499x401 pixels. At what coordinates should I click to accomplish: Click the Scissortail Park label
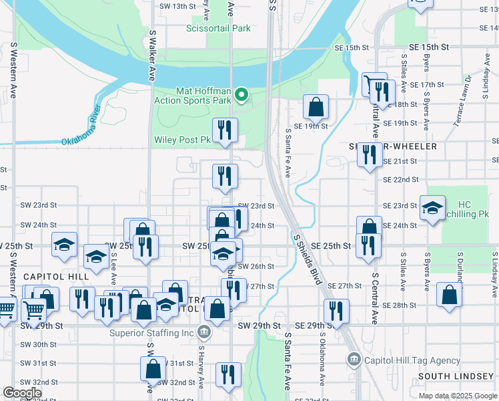point(218,29)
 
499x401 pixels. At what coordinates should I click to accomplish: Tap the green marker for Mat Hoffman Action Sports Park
point(242,96)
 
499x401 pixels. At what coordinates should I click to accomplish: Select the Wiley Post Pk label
point(182,140)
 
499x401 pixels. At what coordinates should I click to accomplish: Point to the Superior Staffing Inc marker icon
point(205,331)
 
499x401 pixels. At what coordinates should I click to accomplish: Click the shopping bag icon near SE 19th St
point(316,107)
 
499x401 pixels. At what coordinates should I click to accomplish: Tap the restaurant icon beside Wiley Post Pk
point(225,129)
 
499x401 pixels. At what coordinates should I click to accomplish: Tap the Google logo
point(22,393)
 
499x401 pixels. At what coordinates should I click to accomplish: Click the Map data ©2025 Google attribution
point(458,396)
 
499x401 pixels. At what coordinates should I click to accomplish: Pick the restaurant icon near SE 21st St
point(368,155)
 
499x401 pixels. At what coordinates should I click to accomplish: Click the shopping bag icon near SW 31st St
point(153,368)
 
